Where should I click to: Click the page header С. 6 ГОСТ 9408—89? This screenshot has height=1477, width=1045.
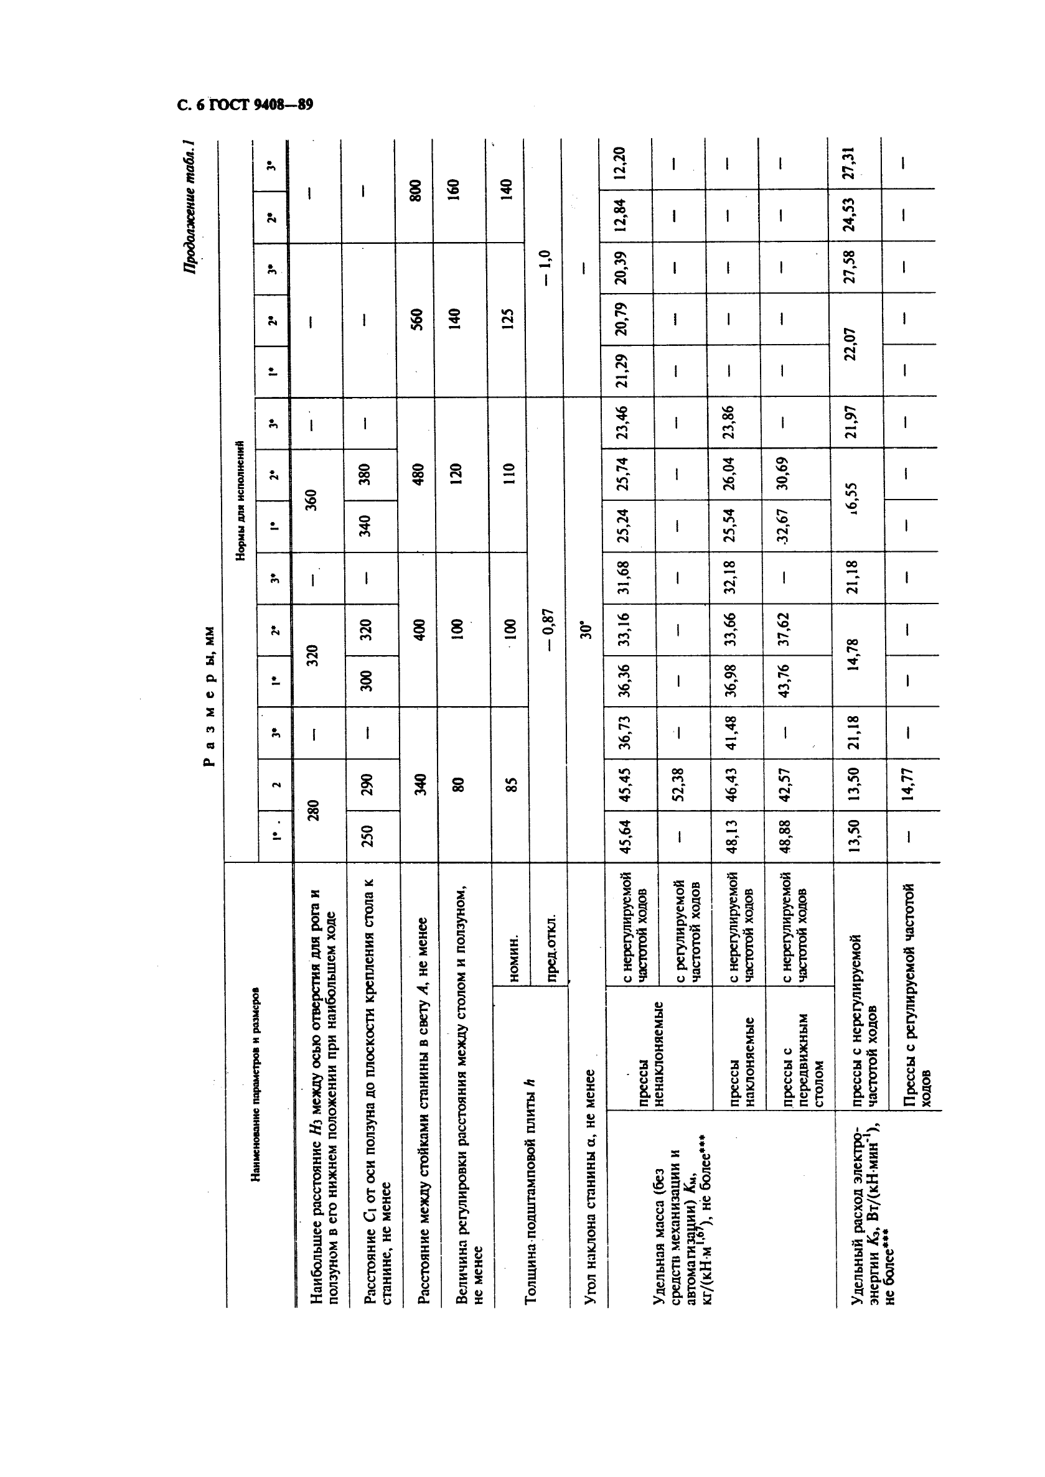click(245, 105)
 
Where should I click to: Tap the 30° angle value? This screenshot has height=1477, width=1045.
click(585, 629)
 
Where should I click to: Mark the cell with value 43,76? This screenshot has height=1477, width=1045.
click(782, 681)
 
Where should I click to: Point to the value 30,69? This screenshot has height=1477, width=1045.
click(782, 473)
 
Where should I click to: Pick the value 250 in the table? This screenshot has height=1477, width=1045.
click(367, 835)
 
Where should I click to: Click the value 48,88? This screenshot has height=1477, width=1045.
click(782, 835)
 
